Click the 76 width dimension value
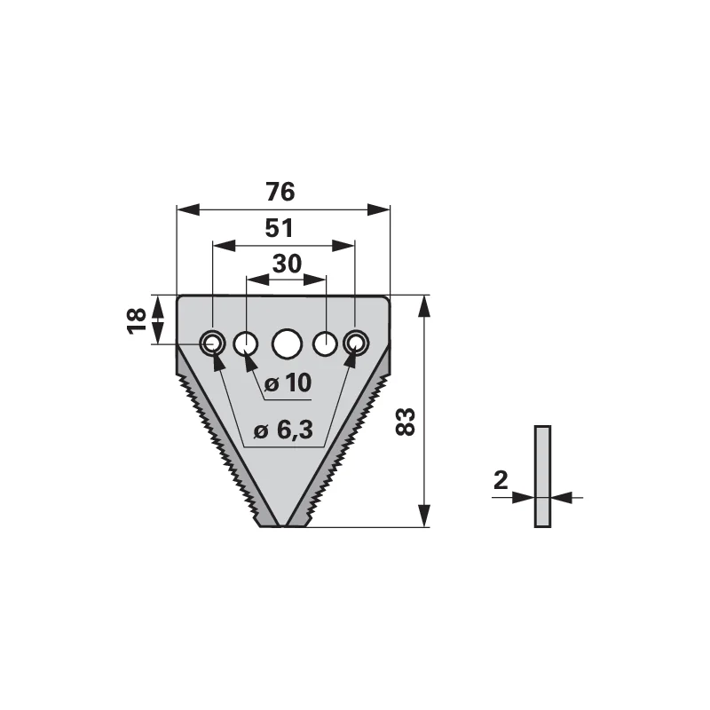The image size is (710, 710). [280, 192]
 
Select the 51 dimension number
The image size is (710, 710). [279, 228]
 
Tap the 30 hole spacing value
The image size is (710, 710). [287, 264]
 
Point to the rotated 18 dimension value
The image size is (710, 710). [138, 320]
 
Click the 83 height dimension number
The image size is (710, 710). [406, 422]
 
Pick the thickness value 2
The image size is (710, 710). [501, 480]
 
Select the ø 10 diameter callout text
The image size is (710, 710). [288, 383]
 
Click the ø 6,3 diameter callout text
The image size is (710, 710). [283, 430]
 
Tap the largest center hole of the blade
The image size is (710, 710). [287, 343]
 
